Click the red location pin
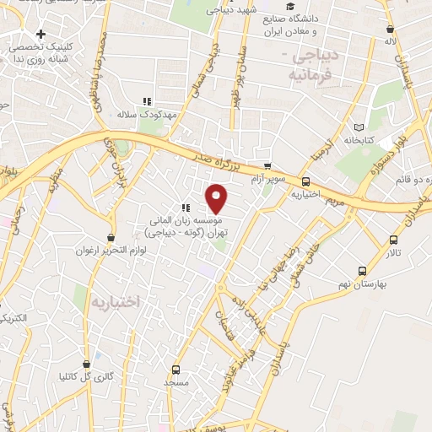218,198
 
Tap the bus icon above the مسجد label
175,370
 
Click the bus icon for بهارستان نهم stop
362,271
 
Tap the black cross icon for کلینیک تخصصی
40,34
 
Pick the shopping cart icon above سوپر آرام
267,165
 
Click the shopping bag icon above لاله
388,26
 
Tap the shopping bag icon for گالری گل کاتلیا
110,363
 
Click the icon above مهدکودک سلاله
147,100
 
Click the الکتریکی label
19,318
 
